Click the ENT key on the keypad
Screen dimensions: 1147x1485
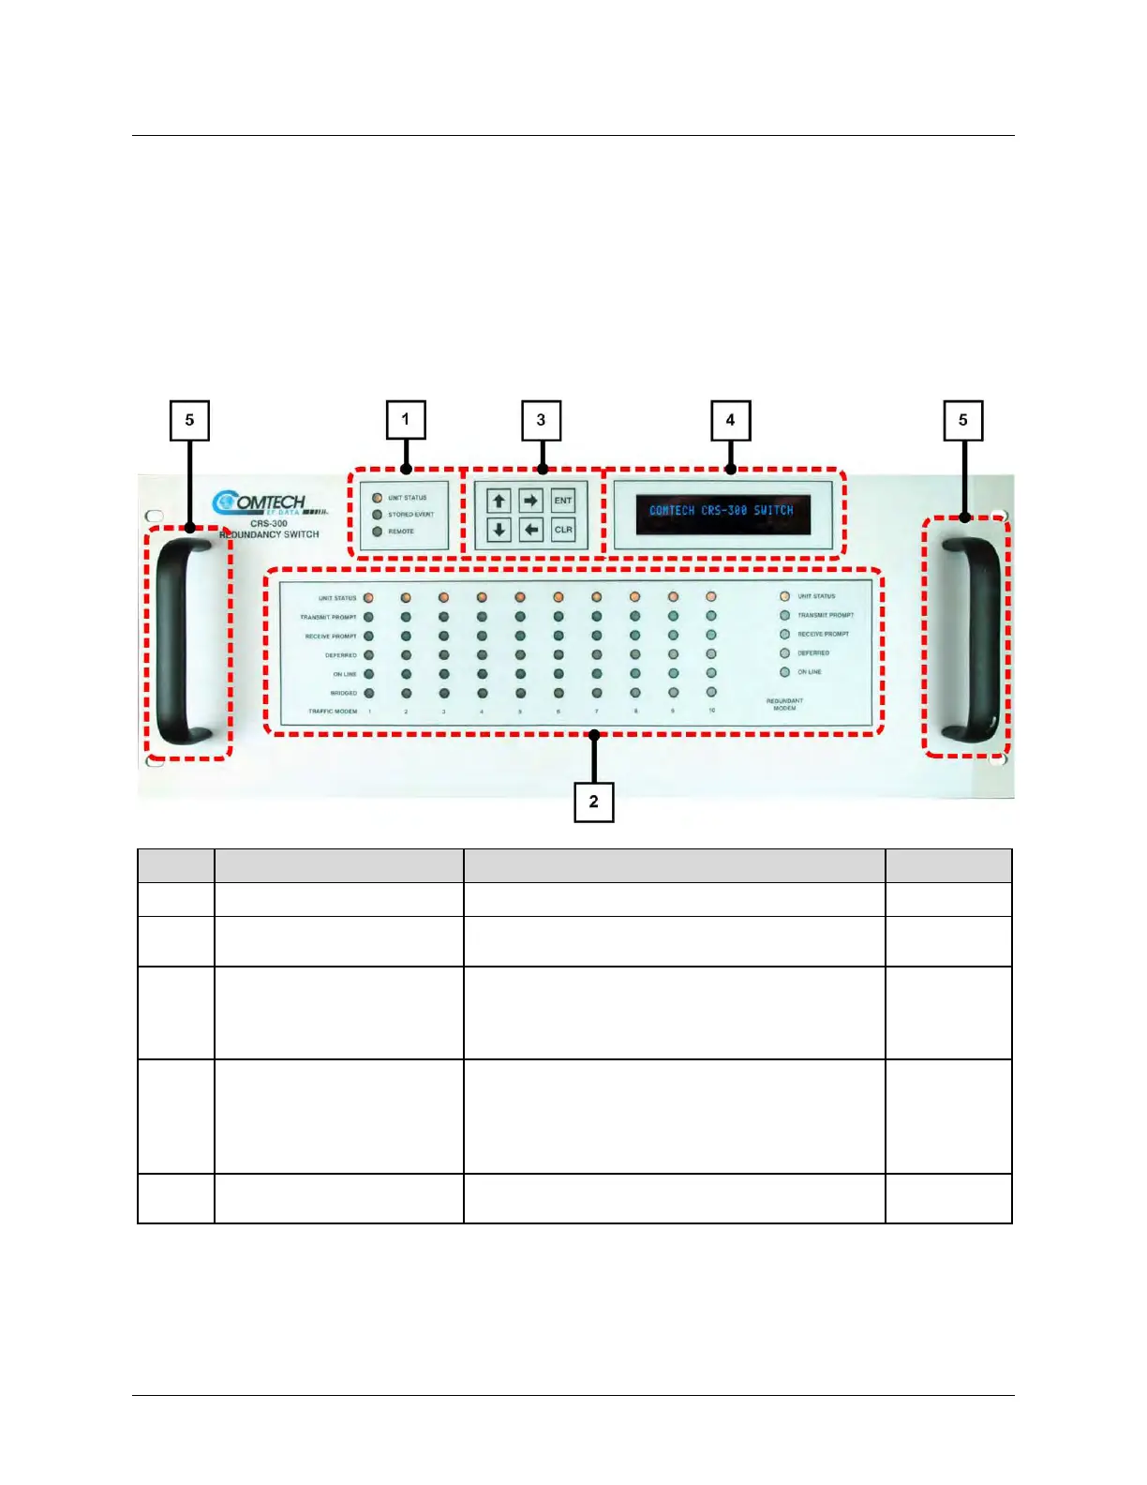562,501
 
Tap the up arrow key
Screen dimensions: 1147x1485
499,501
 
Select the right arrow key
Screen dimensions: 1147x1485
531,501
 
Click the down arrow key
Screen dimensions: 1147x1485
499,530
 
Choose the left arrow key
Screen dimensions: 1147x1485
531,530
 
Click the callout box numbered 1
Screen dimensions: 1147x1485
406,419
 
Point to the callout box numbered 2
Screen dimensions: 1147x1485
593,802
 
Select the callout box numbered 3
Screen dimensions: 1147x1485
541,420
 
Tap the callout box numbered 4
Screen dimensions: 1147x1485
730,420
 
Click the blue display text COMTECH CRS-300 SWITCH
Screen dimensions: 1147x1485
722,511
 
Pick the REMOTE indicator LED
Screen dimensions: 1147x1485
378,532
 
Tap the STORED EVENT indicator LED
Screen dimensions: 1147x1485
378,515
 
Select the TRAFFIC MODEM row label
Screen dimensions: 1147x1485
333,712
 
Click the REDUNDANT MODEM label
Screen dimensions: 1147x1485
784,704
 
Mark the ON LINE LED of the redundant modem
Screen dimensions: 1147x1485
785,672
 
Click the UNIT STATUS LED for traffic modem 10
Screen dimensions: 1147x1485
711,596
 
